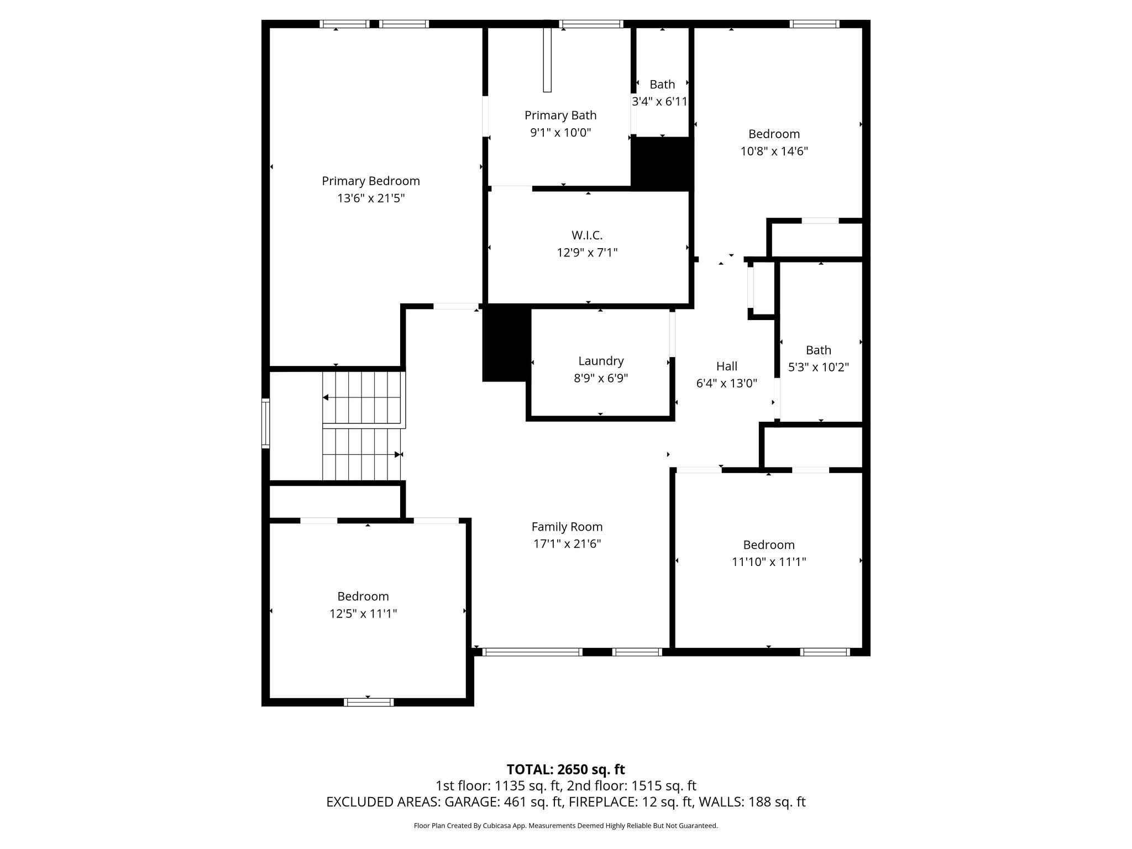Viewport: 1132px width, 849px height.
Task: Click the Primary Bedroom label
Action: click(x=371, y=181)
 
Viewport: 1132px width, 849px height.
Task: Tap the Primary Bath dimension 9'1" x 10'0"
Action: click(x=560, y=133)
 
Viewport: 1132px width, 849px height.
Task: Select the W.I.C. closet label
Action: click(x=587, y=235)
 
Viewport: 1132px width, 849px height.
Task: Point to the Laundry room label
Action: click(x=601, y=361)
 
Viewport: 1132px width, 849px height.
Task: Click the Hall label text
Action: click(x=727, y=366)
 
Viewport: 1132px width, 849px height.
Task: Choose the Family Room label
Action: click(x=567, y=527)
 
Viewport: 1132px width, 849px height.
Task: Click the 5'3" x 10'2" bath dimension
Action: click(x=819, y=367)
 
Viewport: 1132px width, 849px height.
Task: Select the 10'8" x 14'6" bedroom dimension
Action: click(x=774, y=151)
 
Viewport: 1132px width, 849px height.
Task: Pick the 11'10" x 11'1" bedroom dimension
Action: click(x=769, y=562)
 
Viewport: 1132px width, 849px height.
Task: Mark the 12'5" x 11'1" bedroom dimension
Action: click(x=363, y=614)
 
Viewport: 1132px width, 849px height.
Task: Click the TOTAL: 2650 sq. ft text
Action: click(x=566, y=769)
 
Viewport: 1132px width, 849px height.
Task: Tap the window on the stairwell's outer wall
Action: click(x=265, y=423)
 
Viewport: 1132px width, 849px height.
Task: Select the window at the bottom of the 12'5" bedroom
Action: click(x=369, y=702)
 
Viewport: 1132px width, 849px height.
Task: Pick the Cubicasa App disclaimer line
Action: click(x=566, y=826)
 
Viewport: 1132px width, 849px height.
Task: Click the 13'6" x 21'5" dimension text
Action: click(x=371, y=198)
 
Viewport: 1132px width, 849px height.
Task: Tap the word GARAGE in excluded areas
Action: click(x=470, y=802)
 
